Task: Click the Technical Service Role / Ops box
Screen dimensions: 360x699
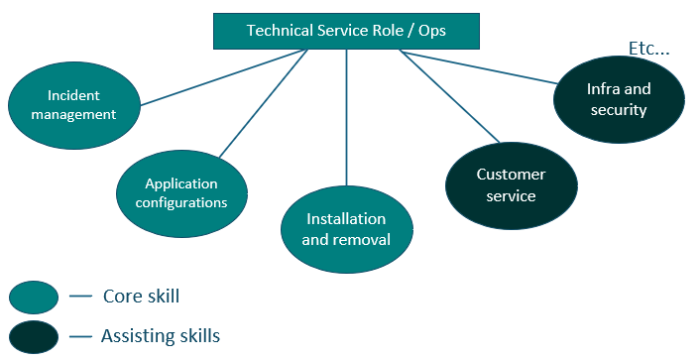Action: (x=346, y=31)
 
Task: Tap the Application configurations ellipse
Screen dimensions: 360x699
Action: (x=181, y=192)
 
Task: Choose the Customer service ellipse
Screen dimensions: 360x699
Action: (x=511, y=185)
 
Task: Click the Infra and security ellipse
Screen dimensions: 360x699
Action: (x=618, y=99)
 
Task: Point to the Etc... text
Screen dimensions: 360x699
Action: (x=650, y=48)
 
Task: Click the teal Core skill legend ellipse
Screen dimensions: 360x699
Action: (x=35, y=297)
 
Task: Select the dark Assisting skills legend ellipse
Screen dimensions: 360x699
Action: (x=35, y=336)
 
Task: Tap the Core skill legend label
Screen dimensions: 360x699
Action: (x=141, y=296)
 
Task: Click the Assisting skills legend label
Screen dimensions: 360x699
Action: (x=160, y=336)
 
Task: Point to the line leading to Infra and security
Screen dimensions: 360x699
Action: (x=476, y=67)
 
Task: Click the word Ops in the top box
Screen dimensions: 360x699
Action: (x=430, y=31)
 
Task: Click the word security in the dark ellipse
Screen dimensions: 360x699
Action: (x=618, y=109)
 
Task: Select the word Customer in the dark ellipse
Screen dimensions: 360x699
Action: (x=511, y=175)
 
